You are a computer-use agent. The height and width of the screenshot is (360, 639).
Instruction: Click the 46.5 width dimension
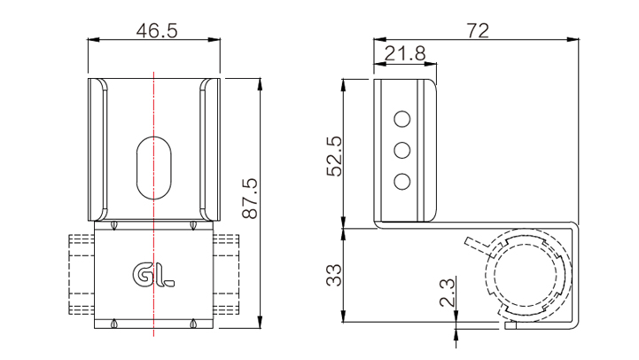pos(157,30)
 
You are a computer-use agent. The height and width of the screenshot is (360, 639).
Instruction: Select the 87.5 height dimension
pos(250,199)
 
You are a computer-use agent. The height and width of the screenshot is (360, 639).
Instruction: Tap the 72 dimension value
pos(478,30)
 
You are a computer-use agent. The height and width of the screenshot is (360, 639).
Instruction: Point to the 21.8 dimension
pos(405,53)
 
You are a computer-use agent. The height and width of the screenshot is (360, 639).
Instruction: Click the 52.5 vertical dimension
pos(335,156)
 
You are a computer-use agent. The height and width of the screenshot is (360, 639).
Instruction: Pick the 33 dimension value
pos(334,275)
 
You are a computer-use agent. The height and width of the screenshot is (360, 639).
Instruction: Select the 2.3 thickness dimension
pos(447,293)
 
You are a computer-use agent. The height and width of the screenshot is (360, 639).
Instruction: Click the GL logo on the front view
pos(153,275)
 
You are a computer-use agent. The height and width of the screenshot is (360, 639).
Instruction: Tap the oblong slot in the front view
pos(153,168)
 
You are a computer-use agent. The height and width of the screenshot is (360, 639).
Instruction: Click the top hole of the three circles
pos(401,119)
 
